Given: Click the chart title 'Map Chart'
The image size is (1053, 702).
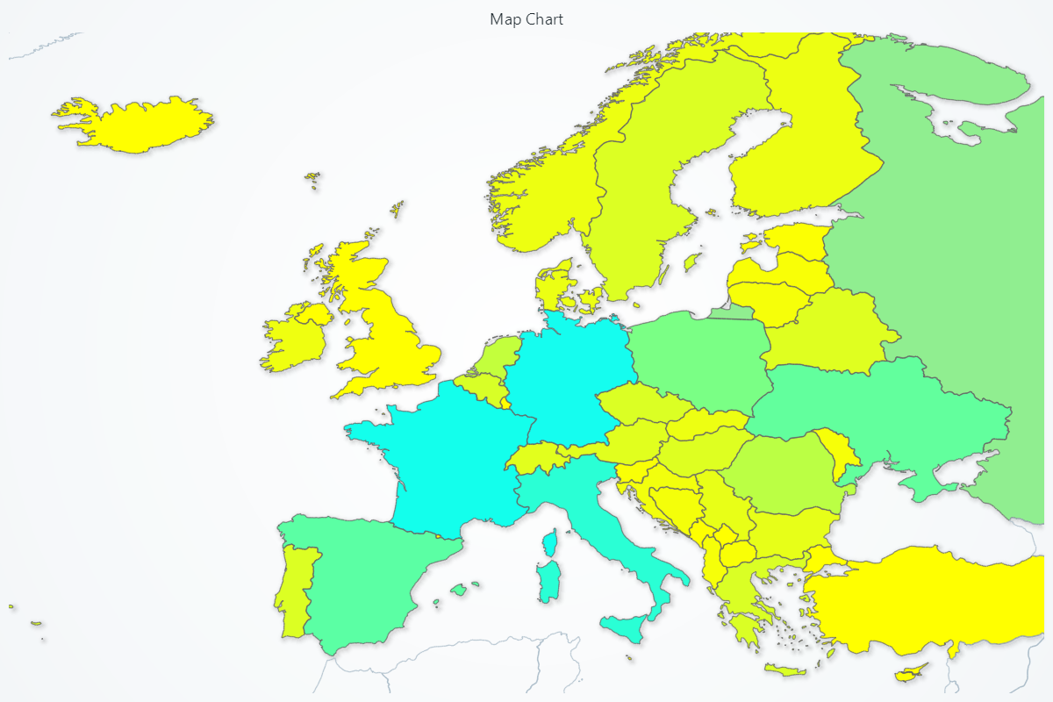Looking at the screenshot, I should click(526, 19).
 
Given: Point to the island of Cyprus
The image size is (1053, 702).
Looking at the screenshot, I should click(912, 674).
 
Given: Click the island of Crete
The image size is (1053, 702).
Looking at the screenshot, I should click(785, 670).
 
